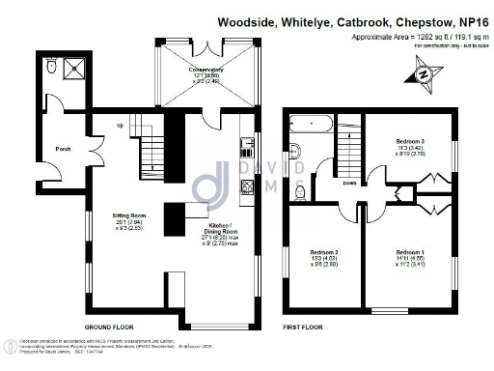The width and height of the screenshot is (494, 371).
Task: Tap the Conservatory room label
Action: click(x=206, y=70)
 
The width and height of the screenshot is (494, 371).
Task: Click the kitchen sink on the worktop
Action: click(x=247, y=147)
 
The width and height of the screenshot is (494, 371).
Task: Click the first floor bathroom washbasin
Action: click(x=295, y=149)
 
